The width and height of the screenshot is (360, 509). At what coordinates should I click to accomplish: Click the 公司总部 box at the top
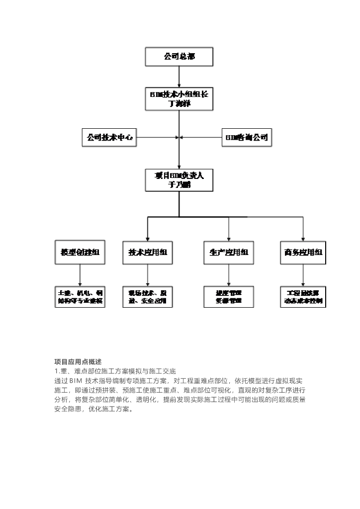click(x=179, y=57)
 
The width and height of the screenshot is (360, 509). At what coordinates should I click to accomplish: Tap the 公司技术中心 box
click(x=109, y=138)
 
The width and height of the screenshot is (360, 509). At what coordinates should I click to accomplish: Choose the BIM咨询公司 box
click(x=247, y=138)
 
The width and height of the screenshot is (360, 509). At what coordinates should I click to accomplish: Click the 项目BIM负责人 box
click(x=179, y=180)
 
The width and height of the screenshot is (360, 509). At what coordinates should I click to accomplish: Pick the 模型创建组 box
click(x=80, y=252)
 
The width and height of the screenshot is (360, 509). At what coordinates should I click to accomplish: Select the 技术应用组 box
click(x=148, y=252)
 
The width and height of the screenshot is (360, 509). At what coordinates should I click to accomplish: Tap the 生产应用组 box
click(x=229, y=252)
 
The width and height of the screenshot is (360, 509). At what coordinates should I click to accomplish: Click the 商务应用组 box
click(x=303, y=252)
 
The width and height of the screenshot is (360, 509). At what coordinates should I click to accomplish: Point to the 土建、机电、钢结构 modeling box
click(x=80, y=297)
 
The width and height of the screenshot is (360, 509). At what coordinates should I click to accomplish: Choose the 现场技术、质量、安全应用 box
click(x=148, y=297)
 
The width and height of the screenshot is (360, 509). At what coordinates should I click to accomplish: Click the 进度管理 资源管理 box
click(x=229, y=297)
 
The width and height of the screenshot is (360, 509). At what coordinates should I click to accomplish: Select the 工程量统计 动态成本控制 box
click(x=303, y=297)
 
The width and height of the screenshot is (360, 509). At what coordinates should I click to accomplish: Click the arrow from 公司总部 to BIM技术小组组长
click(x=179, y=77)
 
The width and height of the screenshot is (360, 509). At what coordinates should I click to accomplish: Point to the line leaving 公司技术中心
click(x=157, y=138)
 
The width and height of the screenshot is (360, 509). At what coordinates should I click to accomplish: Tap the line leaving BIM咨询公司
click(x=201, y=138)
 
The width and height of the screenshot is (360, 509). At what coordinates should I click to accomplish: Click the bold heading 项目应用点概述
click(x=78, y=361)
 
